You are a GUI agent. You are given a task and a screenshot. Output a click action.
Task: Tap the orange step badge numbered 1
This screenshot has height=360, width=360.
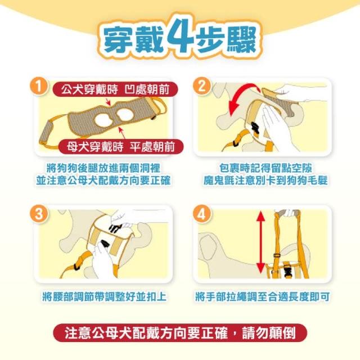click(38, 86)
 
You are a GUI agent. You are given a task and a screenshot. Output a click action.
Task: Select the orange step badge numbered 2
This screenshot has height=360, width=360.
click(201, 86)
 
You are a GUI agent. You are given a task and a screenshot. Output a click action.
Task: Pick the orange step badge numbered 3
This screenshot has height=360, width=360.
click(38, 214)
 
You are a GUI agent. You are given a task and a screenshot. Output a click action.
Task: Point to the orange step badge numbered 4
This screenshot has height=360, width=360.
click(201, 214)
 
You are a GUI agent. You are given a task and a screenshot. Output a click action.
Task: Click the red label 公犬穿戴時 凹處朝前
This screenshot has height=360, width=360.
click(115, 89)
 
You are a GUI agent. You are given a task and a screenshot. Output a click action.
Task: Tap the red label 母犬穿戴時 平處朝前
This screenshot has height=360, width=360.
click(121, 146)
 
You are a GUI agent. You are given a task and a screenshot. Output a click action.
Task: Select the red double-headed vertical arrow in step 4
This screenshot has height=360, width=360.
click(260, 242)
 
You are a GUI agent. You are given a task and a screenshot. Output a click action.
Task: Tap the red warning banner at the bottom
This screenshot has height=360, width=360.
click(180, 332)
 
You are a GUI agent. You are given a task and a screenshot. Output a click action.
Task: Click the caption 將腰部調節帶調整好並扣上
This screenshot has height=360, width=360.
click(105, 296)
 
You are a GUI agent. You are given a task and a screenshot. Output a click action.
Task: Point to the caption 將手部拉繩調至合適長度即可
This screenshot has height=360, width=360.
click(263, 296)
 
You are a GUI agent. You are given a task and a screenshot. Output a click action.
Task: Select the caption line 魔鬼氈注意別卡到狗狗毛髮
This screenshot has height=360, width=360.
click(265, 181)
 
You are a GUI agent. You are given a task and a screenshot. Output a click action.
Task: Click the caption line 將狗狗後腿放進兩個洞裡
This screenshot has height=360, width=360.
click(103, 168)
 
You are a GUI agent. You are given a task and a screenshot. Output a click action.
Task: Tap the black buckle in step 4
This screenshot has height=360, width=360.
click(287, 270)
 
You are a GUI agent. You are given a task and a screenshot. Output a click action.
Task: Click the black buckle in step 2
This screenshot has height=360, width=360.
click(255, 128)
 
